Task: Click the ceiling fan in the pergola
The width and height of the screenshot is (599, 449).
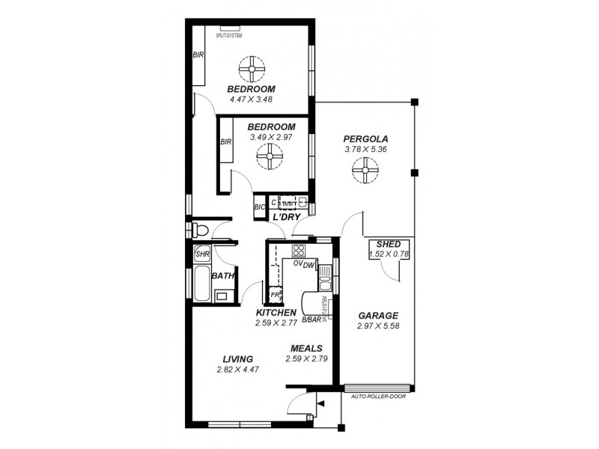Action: [x=365, y=174]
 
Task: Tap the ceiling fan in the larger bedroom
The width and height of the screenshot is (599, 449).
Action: [x=252, y=69]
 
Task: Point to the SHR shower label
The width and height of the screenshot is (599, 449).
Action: [x=202, y=254]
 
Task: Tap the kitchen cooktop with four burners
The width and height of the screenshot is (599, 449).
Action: [x=299, y=251]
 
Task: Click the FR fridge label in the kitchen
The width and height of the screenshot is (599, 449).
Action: [x=275, y=295]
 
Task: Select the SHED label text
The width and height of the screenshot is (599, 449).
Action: [x=388, y=245]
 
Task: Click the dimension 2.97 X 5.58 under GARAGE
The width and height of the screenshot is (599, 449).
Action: [x=378, y=326]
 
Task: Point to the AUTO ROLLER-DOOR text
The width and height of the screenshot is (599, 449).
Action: [x=378, y=397]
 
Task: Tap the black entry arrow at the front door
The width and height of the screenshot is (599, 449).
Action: [x=321, y=404]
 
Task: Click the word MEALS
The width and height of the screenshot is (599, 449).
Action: [x=306, y=349]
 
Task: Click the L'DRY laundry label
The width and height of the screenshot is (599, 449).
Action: [x=286, y=217]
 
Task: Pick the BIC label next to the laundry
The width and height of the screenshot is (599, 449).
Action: [x=260, y=207]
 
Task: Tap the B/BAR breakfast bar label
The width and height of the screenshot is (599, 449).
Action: [x=311, y=320]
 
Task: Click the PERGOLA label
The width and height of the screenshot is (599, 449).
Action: [x=365, y=138]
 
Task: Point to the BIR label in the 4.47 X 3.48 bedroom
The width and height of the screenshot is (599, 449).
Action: [x=198, y=55]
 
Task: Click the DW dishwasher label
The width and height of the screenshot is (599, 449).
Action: [x=308, y=263]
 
